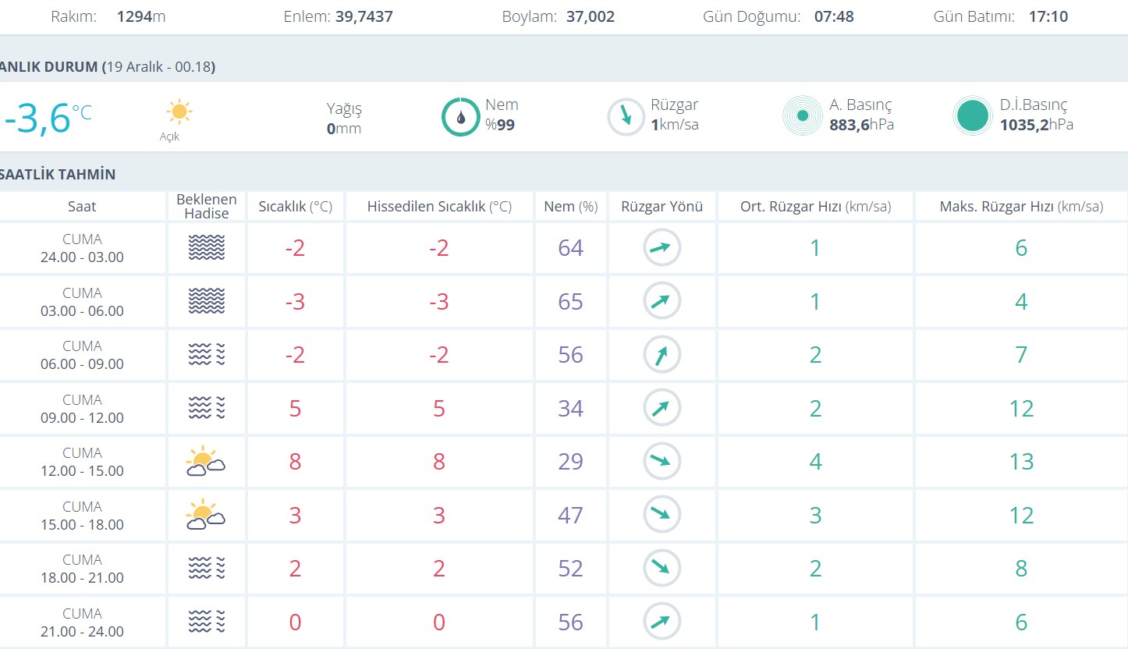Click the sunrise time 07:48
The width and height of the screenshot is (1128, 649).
click(x=834, y=16)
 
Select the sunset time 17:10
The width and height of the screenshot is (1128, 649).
click(x=1048, y=16)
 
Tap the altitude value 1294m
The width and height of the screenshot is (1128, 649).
click(x=141, y=16)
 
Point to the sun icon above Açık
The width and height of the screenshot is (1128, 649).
click(x=179, y=112)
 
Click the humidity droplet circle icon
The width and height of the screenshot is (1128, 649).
click(x=460, y=117)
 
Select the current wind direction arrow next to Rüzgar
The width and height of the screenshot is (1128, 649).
click(x=626, y=117)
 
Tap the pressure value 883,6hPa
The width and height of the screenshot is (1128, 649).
click(x=861, y=125)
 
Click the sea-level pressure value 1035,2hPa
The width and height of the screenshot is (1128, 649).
click(x=1036, y=125)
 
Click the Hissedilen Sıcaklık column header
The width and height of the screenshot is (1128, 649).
click(x=439, y=207)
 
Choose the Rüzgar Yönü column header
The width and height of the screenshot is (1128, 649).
click(x=662, y=207)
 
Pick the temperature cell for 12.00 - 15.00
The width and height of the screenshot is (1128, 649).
click(x=295, y=462)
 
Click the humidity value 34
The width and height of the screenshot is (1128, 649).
click(x=570, y=409)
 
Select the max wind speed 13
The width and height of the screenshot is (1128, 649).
click(x=1021, y=462)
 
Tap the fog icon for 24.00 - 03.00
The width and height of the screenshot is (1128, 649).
click(x=206, y=248)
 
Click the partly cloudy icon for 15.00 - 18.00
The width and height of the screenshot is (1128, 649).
click(x=206, y=515)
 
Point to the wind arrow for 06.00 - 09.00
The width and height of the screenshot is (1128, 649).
click(x=662, y=355)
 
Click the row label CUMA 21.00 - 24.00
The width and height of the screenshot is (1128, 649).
click(x=82, y=622)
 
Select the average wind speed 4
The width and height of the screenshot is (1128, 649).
click(x=815, y=462)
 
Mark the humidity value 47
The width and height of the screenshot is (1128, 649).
click(x=570, y=516)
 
